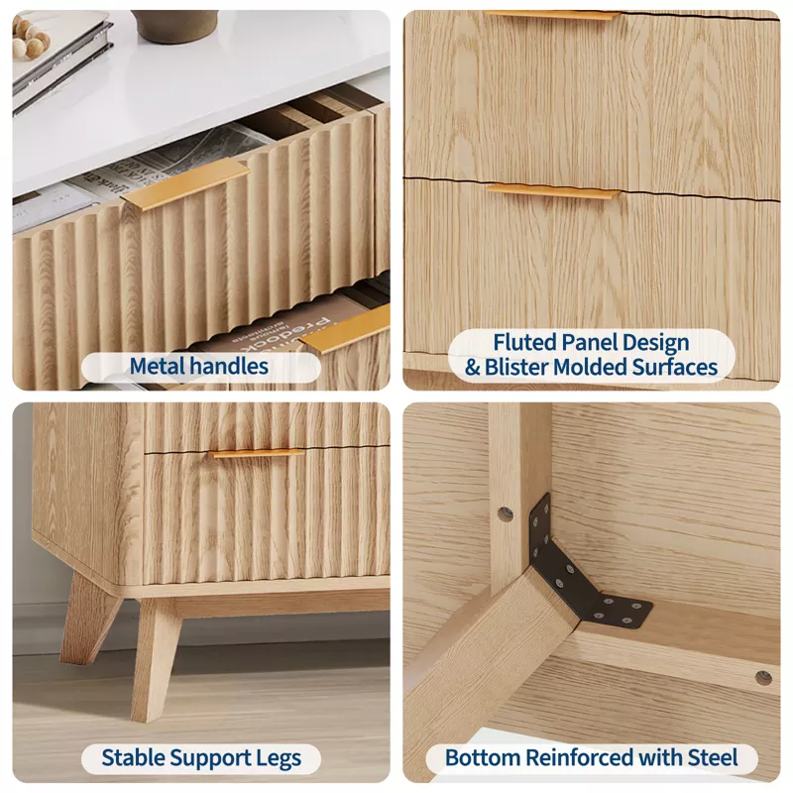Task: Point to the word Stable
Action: (134, 757)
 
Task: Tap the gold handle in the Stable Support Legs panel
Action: (257, 453)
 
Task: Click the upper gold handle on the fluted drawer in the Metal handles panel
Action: (184, 183)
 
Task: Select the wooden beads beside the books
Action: (31, 38)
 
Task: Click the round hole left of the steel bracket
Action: (506, 514)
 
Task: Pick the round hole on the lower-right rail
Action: (763, 678)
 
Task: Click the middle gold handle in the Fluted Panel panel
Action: (553, 191)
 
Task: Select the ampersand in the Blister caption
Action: (473, 368)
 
